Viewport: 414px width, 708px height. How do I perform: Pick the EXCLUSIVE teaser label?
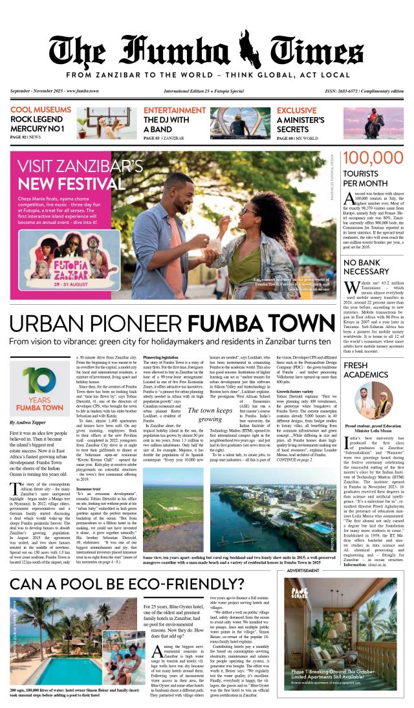[x=296, y=111]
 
